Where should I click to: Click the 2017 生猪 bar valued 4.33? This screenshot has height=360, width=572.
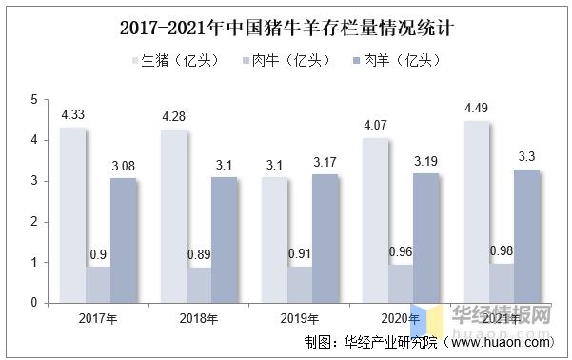(72, 215)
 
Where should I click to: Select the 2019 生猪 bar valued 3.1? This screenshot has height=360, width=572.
(274, 240)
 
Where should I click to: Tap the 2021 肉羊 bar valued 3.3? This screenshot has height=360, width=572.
(527, 236)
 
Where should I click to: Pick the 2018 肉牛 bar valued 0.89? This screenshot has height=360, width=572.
(199, 285)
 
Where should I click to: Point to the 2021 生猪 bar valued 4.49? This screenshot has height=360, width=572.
(476, 211)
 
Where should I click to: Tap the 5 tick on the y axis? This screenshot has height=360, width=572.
(33, 99)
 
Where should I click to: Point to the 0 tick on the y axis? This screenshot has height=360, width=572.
(33, 303)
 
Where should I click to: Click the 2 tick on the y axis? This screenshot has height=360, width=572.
(33, 221)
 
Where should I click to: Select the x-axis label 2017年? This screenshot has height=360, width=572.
(97, 317)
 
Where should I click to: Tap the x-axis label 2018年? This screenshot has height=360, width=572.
(198, 317)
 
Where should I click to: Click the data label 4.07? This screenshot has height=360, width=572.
(375, 125)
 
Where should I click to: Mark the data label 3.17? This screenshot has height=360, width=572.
(325, 162)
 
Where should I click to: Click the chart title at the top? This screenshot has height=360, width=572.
(286, 28)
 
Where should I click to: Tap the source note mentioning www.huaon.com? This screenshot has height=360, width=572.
(428, 341)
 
